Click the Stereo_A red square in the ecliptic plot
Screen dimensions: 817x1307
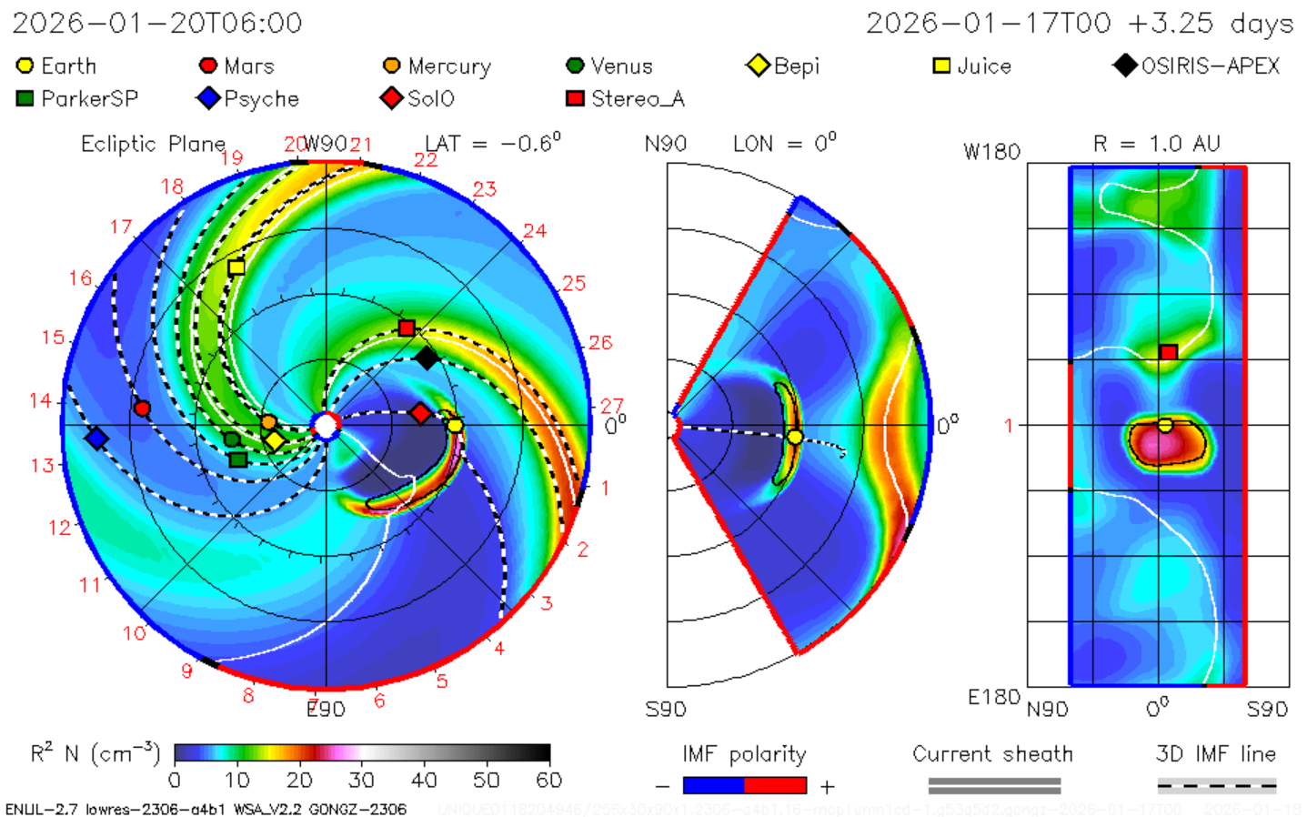(407, 328)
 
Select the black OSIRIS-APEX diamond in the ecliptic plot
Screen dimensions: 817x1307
(426, 358)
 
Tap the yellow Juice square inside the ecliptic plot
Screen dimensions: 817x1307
(236, 267)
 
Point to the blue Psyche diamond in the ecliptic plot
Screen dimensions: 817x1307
(96, 439)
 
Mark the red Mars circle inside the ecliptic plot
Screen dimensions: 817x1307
(142, 408)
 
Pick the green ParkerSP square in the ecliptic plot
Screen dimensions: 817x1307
(237, 459)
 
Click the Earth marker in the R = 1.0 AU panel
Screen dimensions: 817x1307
(1165, 425)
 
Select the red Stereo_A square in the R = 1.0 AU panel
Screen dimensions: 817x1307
(1169, 352)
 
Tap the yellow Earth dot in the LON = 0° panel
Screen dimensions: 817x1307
(795, 438)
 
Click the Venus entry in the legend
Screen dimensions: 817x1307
(609, 66)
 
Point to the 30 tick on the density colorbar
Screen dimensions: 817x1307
(361, 780)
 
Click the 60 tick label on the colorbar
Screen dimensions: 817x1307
(548, 780)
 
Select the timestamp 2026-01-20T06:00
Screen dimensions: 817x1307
(157, 24)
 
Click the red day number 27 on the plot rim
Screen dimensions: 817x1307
(611, 405)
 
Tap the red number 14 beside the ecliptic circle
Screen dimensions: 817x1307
(41, 400)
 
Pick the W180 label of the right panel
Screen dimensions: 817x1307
(991, 152)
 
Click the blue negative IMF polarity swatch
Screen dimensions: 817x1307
(713, 785)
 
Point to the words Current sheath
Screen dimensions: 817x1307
(992, 754)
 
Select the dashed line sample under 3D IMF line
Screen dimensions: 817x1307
(1216, 785)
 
